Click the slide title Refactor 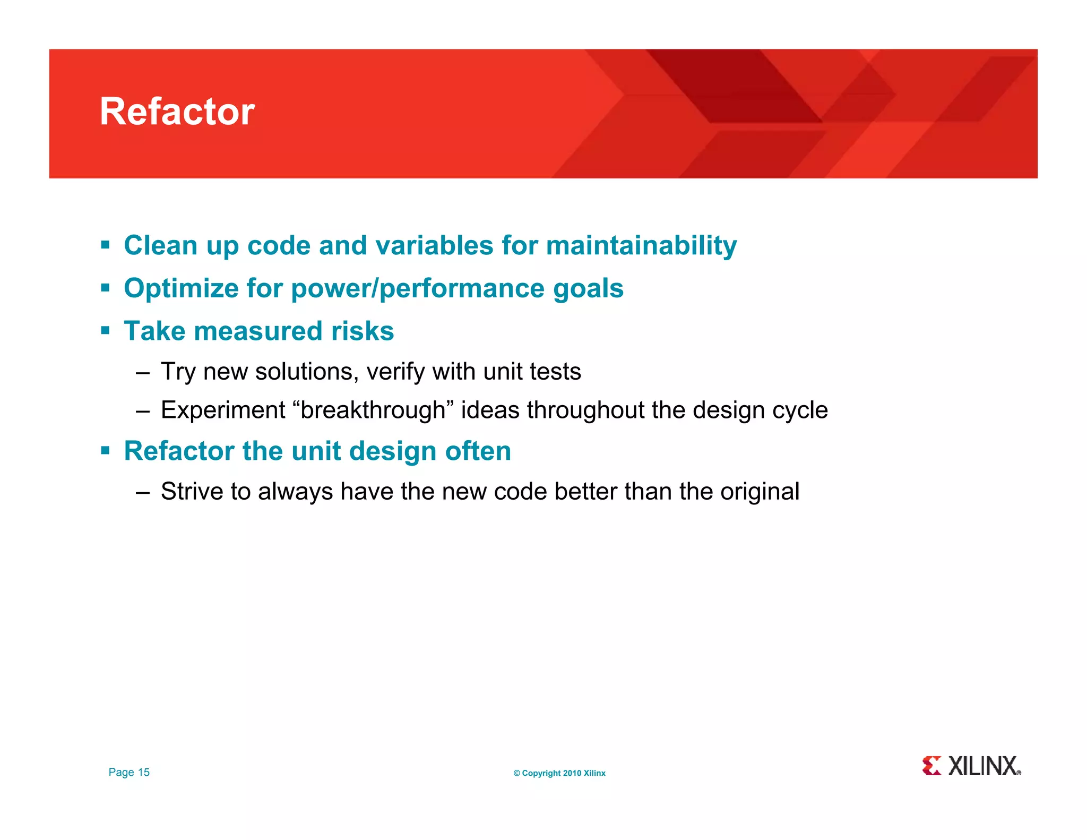pyautogui.click(x=177, y=112)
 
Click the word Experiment pyautogui.click(x=223, y=410)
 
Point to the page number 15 pyautogui.click(x=144, y=773)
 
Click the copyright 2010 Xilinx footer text pyautogui.click(x=559, y=774)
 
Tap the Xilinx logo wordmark pyautogui.click(x=983, y=766)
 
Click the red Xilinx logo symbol pyautogui.click(x=931, y=766)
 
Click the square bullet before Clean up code pyautogui.click(x=105, y=245)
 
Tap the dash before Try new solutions pyautogui.click(x=143, y=373)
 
